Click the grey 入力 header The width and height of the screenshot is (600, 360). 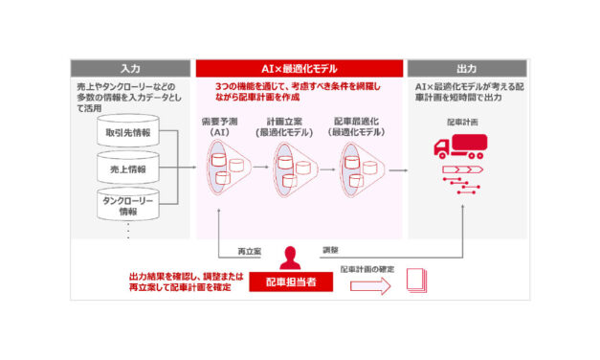(131, 69)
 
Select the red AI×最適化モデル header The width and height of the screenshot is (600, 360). (299, 69)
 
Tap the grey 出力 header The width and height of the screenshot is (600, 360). (466, 69)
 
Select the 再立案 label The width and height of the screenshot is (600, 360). (252, 251)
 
